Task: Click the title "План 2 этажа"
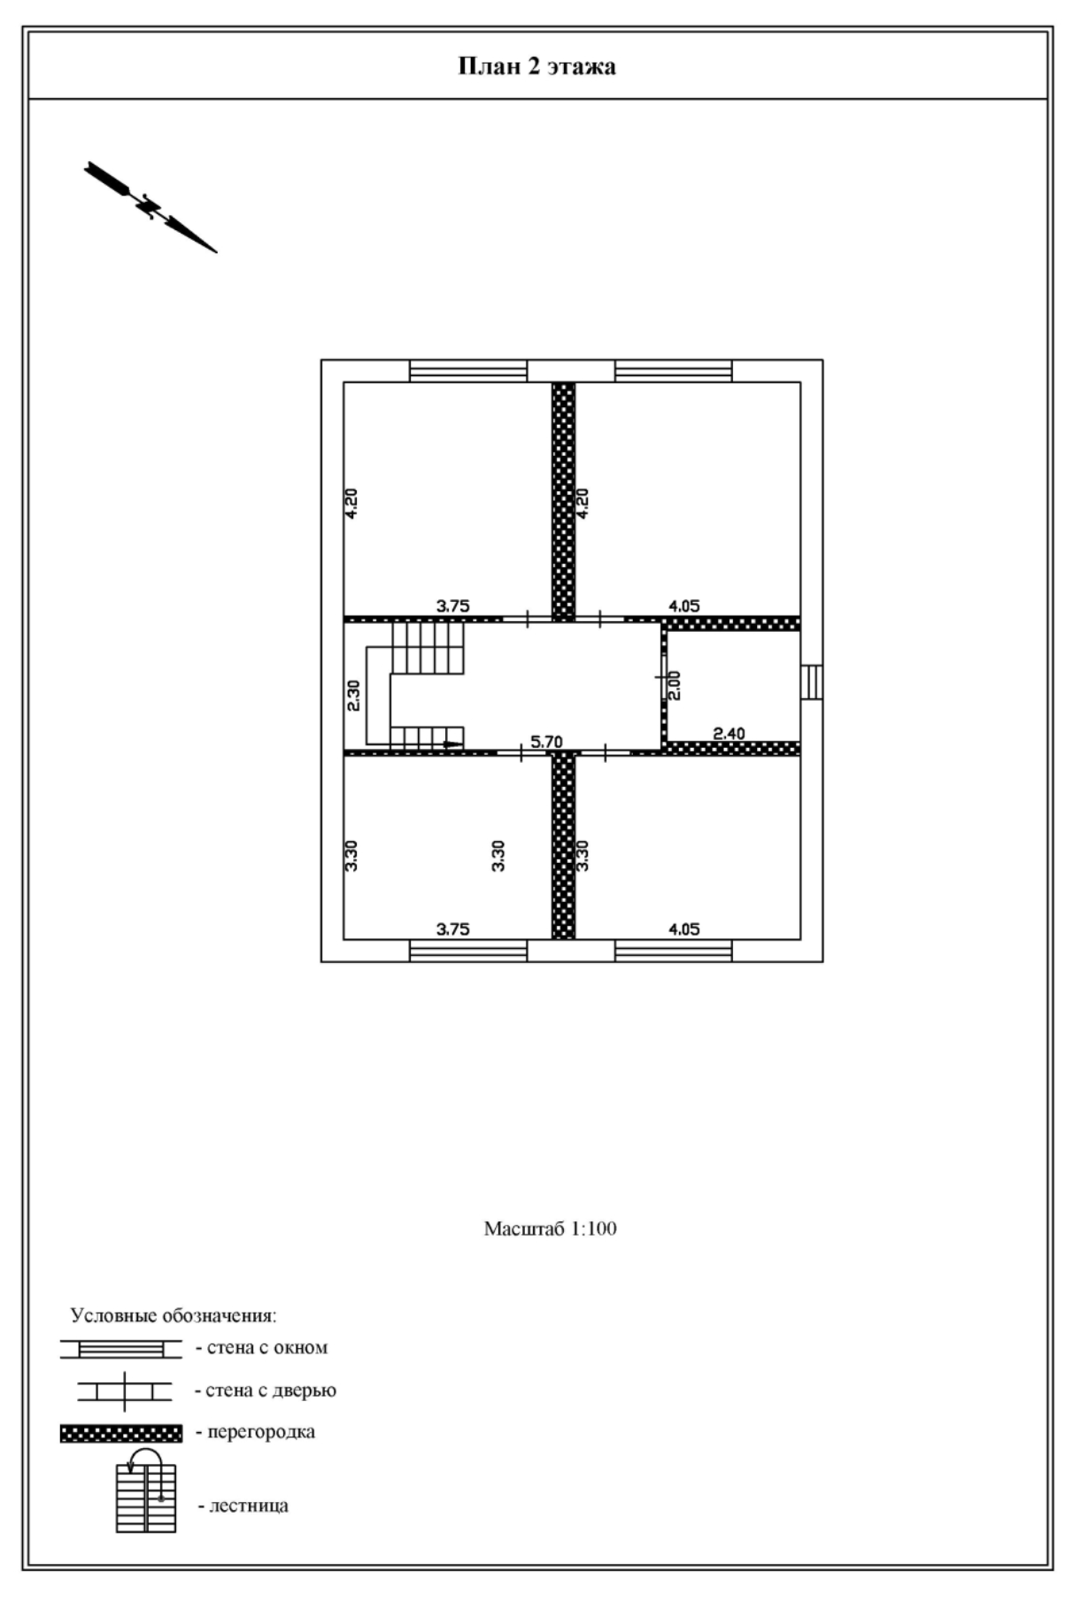[536, 67]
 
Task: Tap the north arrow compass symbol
[151, 207]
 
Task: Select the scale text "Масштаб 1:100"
[550, 1228]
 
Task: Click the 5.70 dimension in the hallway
[546, 742]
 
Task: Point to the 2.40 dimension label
[729, 733]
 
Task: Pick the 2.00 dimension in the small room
[675, 685]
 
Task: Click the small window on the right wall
[812, 682]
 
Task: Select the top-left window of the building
[468, 371]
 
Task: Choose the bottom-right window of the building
[674, 951]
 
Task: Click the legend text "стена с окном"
[266, 1348]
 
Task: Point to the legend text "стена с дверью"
[270, 1390]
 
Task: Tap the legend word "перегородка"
[261, 1431]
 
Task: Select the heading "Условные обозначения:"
[174, 1315]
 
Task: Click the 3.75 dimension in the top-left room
[452, 606]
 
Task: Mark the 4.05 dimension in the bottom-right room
[683, 928]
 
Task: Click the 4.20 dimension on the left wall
[351, 503]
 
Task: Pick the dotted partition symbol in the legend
[121, 1433]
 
